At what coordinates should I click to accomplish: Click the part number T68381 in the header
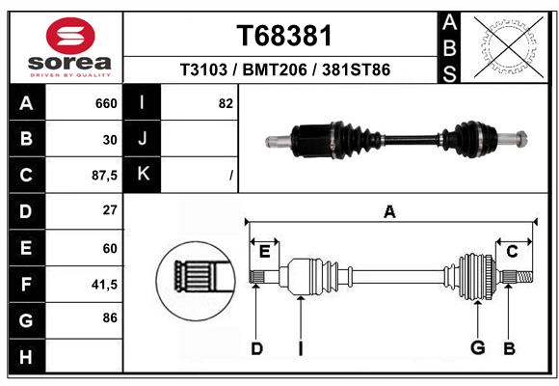click(x=283, y=36)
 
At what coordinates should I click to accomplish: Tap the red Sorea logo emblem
click(x=70, y=38)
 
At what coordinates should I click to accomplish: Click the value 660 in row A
click(x=106, y=103)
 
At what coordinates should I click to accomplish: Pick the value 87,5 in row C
click(x=102, y=175)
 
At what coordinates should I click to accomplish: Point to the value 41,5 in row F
click(x=102, y=284)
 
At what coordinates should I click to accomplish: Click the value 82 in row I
click(x=226, y=103)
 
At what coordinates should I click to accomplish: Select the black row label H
click(x=26, y=356)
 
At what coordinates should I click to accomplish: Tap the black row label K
click(x=144, y=175)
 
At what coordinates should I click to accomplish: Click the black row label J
click(x=144, y=139)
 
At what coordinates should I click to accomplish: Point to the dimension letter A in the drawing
click(x=390, y=211)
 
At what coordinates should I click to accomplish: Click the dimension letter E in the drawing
click(x=264, y=251)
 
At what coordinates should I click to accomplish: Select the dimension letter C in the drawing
click(x=513, y=251)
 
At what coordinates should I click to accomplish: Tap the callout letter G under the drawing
click(x=476, y=347)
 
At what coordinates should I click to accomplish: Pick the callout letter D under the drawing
click(x=256, y=347)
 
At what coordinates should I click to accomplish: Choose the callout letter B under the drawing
click(x=509, y=347)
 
